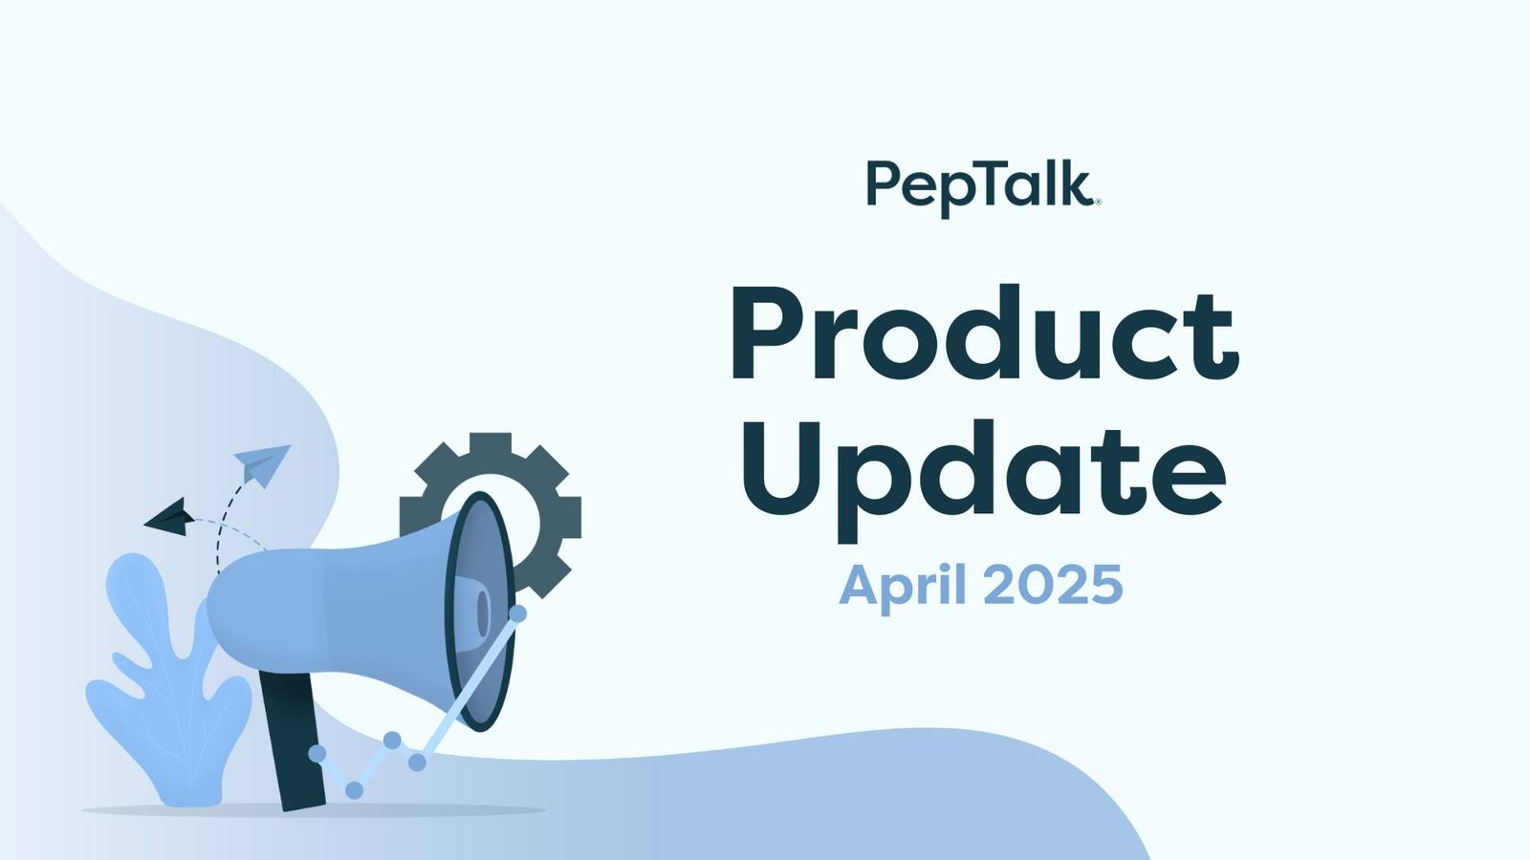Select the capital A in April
(x=859, y=585)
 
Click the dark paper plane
(x=170, y=517)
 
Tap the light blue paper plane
(x=263, y=462)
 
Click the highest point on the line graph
(x=517, y=613)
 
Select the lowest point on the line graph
(x=354, y=790)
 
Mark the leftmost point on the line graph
(x=317, y=754)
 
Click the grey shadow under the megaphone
(x=316, y=811)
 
